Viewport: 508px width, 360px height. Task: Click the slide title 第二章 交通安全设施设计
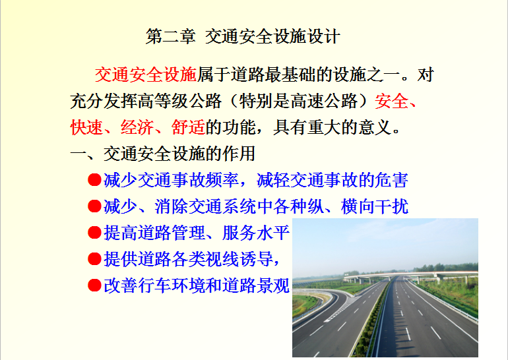[243, 36]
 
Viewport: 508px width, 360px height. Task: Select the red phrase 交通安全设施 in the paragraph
[146, 75]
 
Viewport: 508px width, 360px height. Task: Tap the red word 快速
[86, 127]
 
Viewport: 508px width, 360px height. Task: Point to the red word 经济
[137, 127]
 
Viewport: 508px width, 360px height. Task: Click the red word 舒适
[188, 127]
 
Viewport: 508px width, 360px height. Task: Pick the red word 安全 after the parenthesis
[391, 101]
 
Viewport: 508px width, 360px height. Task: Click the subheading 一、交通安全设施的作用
[163, 154]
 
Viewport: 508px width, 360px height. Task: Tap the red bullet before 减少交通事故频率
[94, 180]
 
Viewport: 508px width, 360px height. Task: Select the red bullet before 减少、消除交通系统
[94, 206]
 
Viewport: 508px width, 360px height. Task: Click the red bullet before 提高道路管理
[94, 233]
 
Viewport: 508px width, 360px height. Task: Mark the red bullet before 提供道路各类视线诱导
[94, 259]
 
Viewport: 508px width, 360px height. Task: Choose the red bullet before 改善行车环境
[94, 285]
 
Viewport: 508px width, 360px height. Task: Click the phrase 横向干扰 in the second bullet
[375, 206]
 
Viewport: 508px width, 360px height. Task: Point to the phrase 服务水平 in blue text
[256, 233]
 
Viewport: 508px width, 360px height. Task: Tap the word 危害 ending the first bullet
[391, 180]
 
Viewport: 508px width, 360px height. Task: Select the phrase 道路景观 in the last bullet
[256, 285]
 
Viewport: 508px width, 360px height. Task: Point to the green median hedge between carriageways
[373, 320]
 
